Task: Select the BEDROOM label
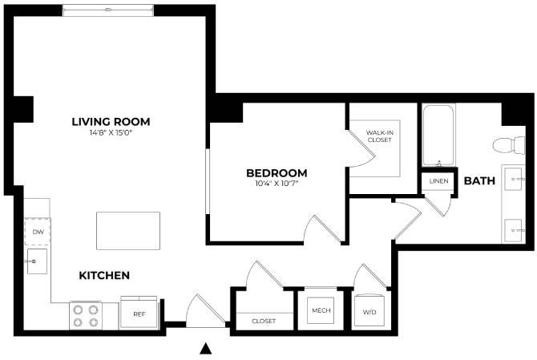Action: [277, 172]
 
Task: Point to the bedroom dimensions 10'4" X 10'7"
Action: [277, 184]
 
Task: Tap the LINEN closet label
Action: [438, 181]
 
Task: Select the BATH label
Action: [480, 181]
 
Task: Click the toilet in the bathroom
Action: [503, 146]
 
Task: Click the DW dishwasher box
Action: [37, 233]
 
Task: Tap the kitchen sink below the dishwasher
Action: [36, 260]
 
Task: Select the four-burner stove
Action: [86, 315]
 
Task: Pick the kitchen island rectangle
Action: [127, 231]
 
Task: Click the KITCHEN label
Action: [104, 275]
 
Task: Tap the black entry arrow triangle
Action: [206, 348]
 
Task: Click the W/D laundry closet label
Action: [369, 312]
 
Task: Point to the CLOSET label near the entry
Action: [264, 321]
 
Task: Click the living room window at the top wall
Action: [107, 10]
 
